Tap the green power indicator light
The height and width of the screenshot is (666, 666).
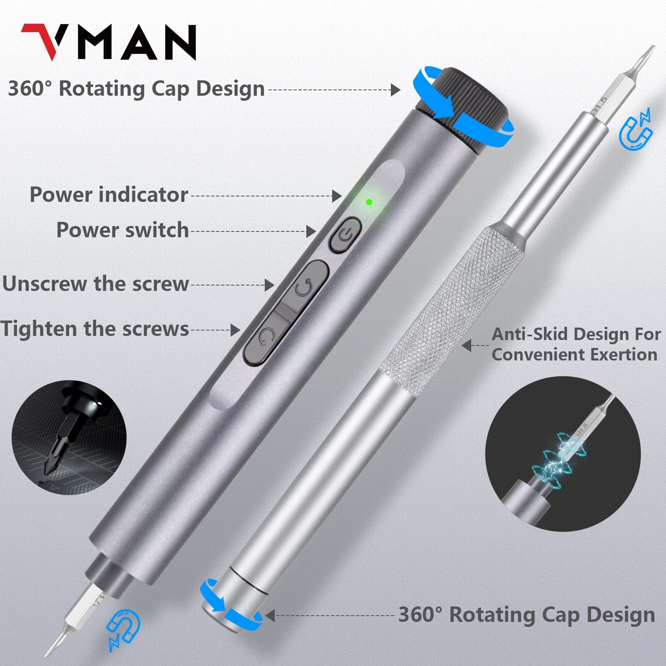click(369, 202)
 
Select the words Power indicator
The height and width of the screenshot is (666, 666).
click(109, 195)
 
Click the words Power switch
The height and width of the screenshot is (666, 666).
click(122, 230)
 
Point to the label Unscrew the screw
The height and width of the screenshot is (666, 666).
click(96, 284)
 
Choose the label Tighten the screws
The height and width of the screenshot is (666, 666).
click(95, 329)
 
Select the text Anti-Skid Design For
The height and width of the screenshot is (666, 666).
click(576, 334)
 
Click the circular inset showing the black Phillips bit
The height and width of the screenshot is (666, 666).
click(69, 437)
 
